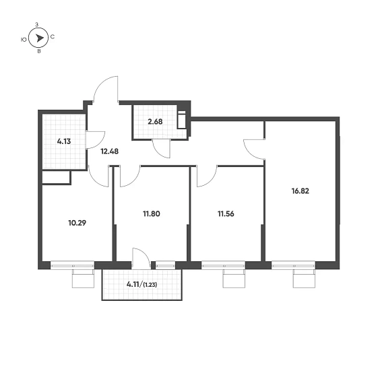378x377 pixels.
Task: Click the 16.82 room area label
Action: point(300,191)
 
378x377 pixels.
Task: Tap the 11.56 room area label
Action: point(226,213)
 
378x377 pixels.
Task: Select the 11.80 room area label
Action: point(152,213)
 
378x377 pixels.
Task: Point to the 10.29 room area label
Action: point(77,223)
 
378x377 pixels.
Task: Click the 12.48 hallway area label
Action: point(109,151)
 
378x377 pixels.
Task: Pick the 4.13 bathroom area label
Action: point(64,141)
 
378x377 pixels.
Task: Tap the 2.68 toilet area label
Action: point(155,122)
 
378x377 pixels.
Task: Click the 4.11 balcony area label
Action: point(133,285)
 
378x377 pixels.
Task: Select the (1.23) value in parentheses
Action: point(150,285)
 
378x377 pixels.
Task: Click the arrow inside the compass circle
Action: point(40,38)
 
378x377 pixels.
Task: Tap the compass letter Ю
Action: point(24,40)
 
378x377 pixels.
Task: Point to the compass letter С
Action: point(53,37)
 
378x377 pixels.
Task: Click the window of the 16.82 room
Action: point(293,265)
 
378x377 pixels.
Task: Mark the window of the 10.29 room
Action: point(72,265)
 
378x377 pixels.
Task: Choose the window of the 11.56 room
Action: point(223,265)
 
